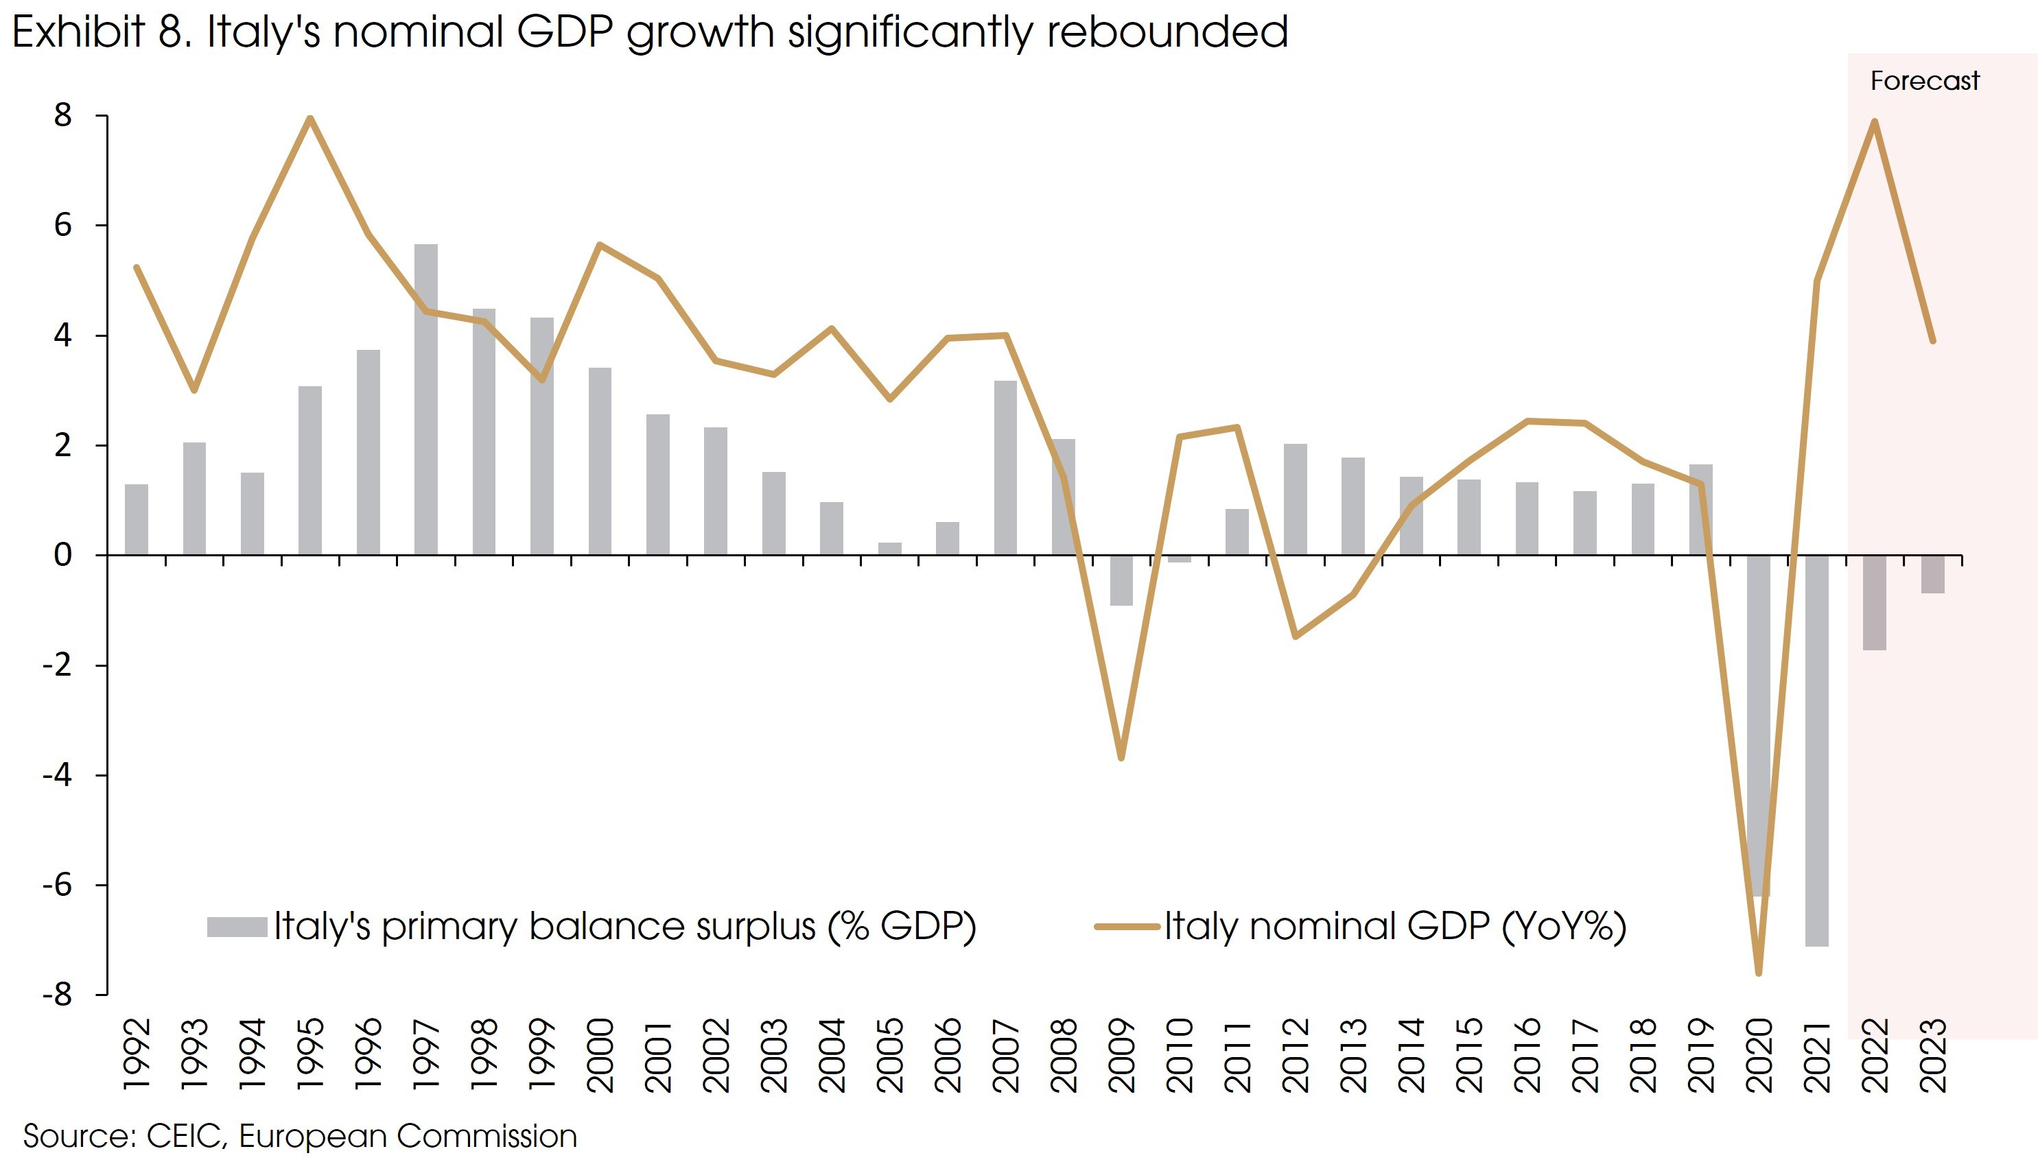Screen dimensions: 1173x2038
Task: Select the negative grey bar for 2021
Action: (1816, 750)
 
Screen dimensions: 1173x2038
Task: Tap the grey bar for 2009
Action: (1121, 580)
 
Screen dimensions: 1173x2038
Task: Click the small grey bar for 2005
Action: (890, 549)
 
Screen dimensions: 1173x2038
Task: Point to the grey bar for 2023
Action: (1932, 574)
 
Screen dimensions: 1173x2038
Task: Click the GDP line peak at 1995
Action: (310, 119)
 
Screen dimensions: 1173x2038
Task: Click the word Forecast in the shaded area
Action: (1924, 82)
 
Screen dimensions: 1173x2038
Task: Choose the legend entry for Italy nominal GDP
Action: (1394, 927)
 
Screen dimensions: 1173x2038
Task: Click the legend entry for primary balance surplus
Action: (624, 927)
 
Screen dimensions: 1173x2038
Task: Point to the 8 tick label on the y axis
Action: (63, 116)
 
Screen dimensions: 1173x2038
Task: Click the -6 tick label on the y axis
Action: (58, 886)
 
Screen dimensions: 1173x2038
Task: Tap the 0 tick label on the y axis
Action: (63, 555)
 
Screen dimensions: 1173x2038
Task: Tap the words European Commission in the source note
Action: (408, 1137)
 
